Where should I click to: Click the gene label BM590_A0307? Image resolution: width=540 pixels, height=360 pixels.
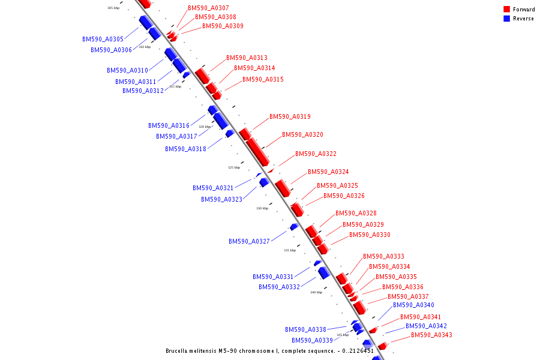pyautogui.click(x=208, y=8)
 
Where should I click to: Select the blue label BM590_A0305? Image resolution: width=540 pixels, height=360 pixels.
pyautogui.click(x=103, y=39)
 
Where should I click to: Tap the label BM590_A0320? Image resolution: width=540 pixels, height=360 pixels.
pyautogui.click(x=302, y=134)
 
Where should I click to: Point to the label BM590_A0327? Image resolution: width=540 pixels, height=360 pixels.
pyautogui.click(x=249, y=241)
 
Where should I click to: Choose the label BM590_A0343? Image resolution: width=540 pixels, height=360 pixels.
pyautogui.click(x=431, y=335)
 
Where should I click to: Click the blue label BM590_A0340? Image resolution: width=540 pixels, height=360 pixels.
pyautogui.click(x=413, y=305)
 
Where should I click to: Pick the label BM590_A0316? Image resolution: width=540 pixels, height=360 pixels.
pyautogui.click(x=169, y=125)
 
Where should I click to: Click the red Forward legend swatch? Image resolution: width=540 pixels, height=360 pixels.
pyautogui.click(x=507, y=10)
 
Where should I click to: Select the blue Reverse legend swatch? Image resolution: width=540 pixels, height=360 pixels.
pyautogui.click(x=507, y=19)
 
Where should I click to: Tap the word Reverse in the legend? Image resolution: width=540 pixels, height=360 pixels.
pyautogui.click(x=523, y=19)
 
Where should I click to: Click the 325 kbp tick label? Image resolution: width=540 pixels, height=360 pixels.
pyautogui.click(x=234, y=167)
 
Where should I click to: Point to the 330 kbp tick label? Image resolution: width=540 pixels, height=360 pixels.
pyautogui.click(x=262, y=208)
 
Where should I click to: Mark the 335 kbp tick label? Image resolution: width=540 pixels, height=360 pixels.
pyautogui.click(x=290, y=250)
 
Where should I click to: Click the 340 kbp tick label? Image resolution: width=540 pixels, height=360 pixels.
pyautogui.click(x=316, y=292)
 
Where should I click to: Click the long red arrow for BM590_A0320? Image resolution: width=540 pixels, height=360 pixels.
pyautogui.click(x=257, y=152)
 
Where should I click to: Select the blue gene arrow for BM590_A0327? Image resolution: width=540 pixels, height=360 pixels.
pyautogui.click(x=293, y=227)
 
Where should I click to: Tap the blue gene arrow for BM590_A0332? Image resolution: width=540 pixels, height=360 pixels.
pyautogui.click(x=323, y=273)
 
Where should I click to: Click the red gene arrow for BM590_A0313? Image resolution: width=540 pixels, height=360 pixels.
pyautogui.click(x=202, y=76)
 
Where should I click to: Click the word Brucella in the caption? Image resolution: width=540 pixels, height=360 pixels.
pyautogui.click(x=179, y=351)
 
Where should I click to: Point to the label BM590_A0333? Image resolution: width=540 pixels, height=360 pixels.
pyautogui.click(x=383, y=256)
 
